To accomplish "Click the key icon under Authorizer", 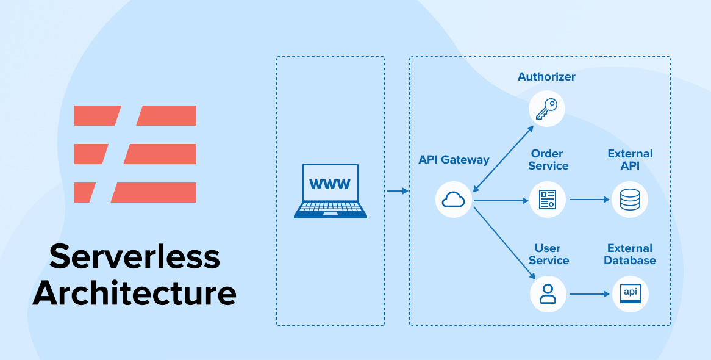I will click(x=546, y=109).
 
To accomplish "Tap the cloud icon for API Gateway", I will click(x=454, y=200).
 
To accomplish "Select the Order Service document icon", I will click(x=547, y=200).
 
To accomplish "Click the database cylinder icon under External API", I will click(x=630, y=200).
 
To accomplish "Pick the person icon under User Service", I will click(x=548, y=293).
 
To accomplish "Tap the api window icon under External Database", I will click(x=630, y=293).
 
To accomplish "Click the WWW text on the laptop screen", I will click(x=330, y=184).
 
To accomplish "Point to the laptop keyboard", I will click(x=330, y=209).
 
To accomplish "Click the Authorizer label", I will click(x=546, y=77).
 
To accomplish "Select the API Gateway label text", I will click(x=454, y=160).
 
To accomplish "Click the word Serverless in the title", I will click(x=135, y=256).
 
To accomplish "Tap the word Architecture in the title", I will click(x=135, y=293).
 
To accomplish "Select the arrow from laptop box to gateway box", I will click(x=398, y=192).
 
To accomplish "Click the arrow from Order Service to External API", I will click(x=589, y=200).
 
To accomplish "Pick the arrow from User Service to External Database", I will click(x=589, y=294).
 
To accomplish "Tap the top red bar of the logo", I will click(x=135, y=115).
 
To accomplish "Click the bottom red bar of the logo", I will click(x=135, y=192).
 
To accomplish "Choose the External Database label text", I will click(x=630, y=254).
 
